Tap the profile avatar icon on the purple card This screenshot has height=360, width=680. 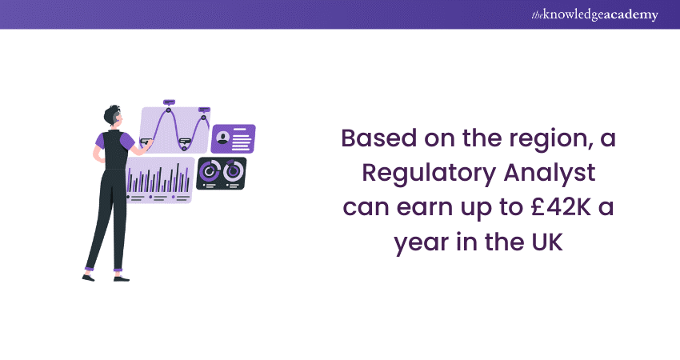point(222,139)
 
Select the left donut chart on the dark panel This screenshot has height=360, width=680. point(210,170)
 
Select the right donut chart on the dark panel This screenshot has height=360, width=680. point(233,170)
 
